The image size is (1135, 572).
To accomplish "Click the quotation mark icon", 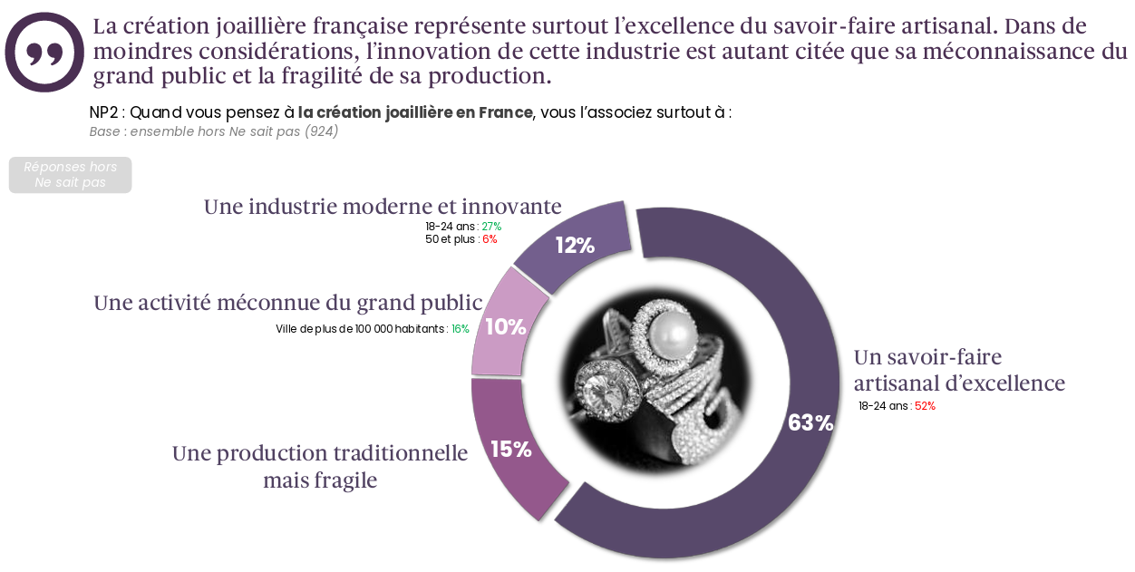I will tap(44, 53).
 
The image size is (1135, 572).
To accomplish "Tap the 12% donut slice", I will tap(575, 245).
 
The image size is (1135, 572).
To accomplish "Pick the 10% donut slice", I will tap(506, 326).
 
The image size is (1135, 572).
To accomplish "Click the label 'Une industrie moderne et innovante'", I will tap(383, 207).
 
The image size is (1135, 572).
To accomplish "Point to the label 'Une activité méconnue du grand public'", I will tap(287, 303).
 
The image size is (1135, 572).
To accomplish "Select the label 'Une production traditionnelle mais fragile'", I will tap(320, 466).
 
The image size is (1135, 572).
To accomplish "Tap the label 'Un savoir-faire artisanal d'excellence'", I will tap(958, 370).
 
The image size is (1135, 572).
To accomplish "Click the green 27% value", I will tap(491, 227).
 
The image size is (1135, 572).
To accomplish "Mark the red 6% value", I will tap(490, 239).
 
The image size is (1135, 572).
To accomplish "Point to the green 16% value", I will tap(461, 329).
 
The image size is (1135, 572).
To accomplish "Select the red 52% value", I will tap(925, 406).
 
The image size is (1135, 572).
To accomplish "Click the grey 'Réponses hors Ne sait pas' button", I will tap(70, 175).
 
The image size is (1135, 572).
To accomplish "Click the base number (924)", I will tap(322, 131).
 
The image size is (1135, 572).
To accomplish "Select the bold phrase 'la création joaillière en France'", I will tap(415, 113).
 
